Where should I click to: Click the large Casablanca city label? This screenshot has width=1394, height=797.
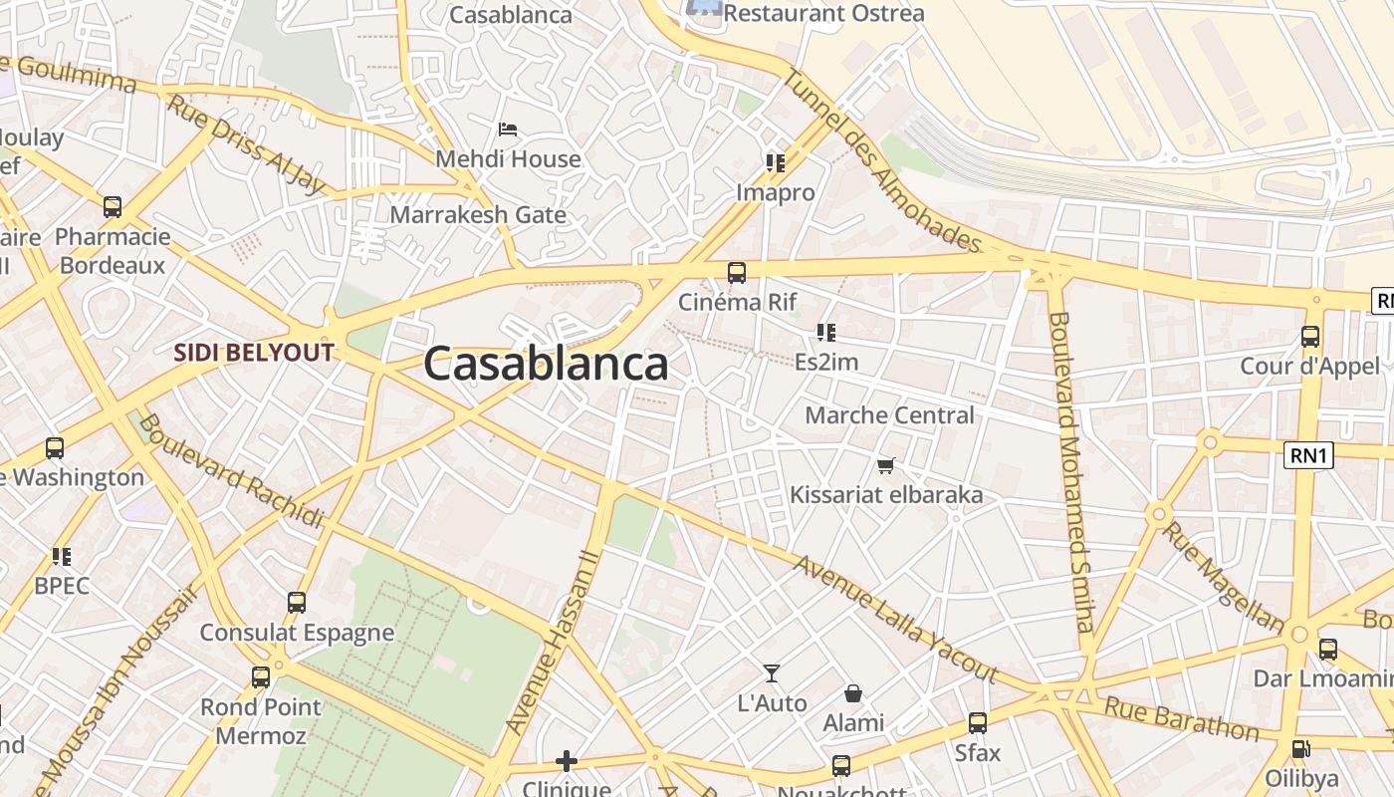[x=546, y=365]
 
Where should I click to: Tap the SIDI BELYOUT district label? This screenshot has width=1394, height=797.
[x=253, y=352]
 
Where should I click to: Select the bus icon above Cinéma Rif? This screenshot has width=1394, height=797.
[x=737, y=272]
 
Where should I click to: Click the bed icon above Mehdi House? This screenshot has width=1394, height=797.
[x=508, y=130]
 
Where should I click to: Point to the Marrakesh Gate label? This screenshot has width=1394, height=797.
[x=478, y=214]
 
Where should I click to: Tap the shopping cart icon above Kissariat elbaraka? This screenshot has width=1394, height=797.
[x=886, y=465]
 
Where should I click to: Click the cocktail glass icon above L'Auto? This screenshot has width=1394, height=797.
[x=772, y=673]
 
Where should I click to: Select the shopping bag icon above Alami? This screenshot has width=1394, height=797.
[x=853, y=693]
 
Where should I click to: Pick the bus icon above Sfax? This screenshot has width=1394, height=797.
[x=978, y=723]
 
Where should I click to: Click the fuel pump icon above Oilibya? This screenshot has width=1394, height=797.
[x=1300, y=748]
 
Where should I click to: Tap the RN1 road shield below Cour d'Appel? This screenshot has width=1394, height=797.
[x=1308, y=455]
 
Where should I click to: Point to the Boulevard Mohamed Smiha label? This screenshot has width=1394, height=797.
[x=1071, y=471]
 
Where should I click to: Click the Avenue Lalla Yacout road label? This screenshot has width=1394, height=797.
[x=896, y=618]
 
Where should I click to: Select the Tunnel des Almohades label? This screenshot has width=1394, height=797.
[x=882, y=159]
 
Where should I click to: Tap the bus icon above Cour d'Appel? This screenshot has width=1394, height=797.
[x=1310, y=337]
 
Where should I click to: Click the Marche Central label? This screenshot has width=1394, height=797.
[x=889, y=415]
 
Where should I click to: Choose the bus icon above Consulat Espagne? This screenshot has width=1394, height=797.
[x=297, y=603]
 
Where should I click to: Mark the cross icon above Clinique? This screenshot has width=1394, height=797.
[x=567, y=762]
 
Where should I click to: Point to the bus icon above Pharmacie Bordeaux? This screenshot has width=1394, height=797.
[x=113, y=207]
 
